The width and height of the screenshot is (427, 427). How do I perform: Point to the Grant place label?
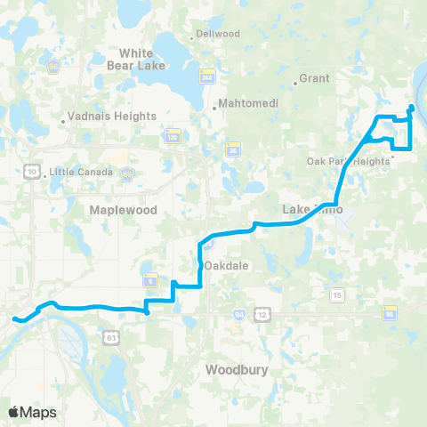click(315, 78)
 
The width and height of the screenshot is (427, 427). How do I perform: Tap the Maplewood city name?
click(124, 210)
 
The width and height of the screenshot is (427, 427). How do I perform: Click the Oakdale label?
click(224, 266)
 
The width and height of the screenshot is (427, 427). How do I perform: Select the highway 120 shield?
click(173, 138)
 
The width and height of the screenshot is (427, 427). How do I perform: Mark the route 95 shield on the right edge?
click(390, 314)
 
